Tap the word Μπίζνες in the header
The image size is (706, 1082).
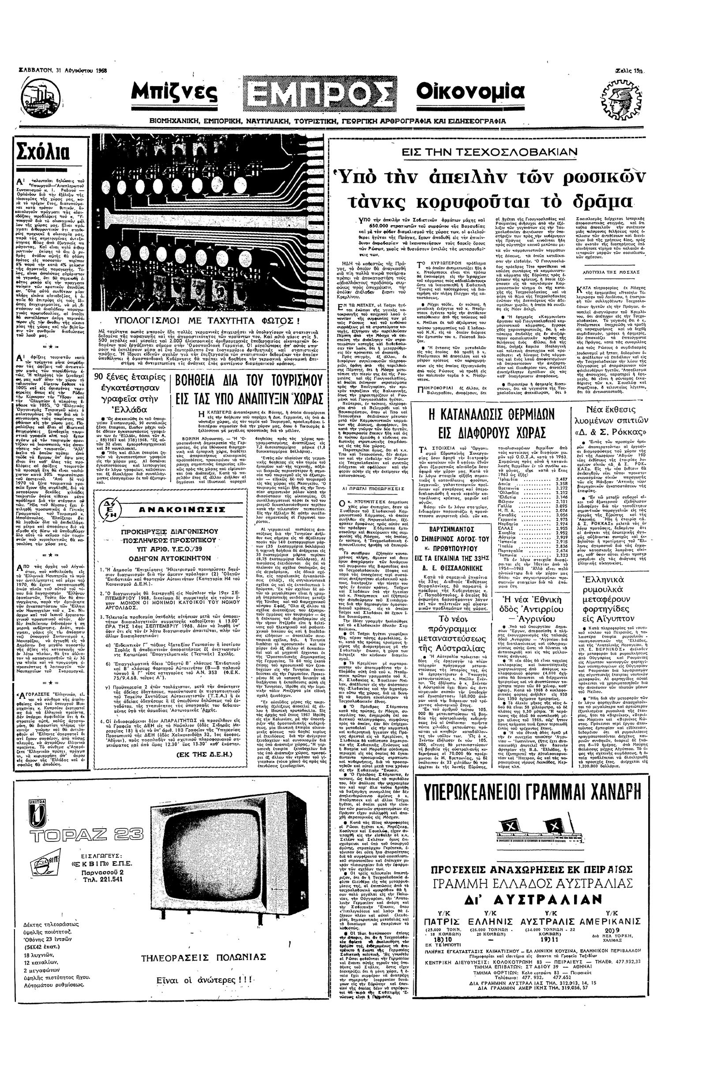click(x=174, y=95)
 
